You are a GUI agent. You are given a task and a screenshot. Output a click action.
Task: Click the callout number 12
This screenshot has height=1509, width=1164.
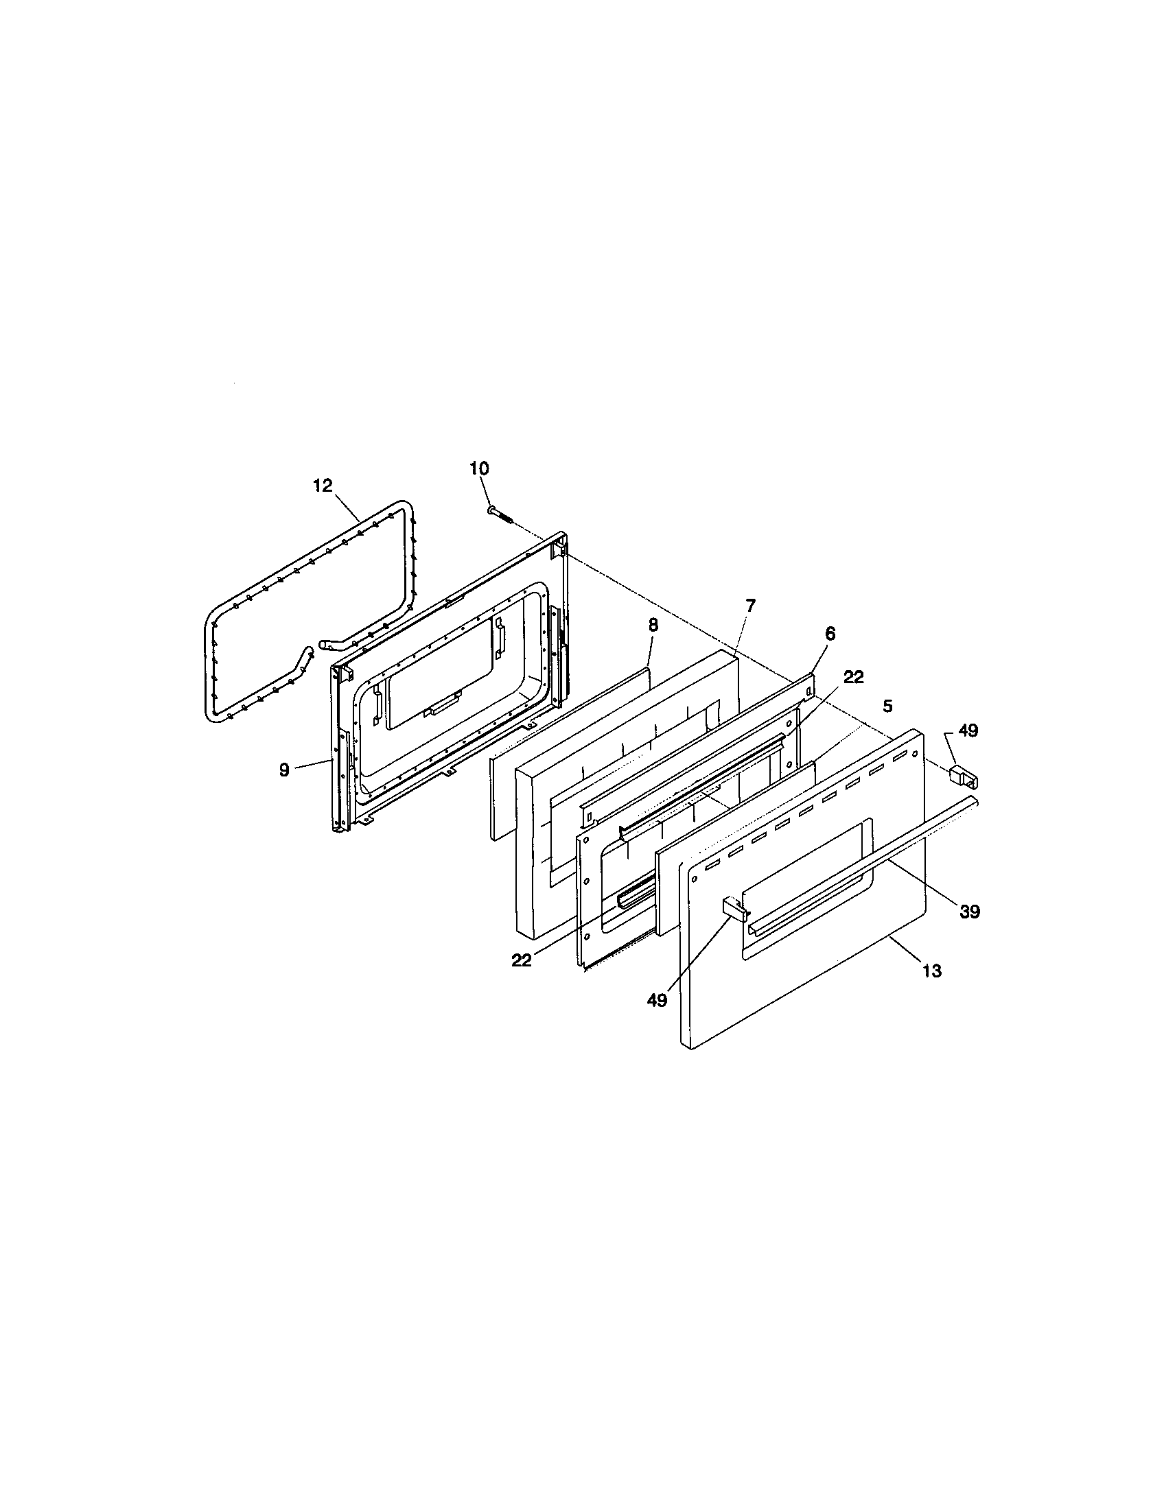point(323,486)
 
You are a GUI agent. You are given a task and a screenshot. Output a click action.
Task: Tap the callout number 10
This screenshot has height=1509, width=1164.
point(478,468)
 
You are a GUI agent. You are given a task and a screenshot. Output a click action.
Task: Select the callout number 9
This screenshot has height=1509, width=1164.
point(284,770)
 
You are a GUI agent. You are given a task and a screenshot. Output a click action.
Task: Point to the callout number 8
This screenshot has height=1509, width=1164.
point(653,625)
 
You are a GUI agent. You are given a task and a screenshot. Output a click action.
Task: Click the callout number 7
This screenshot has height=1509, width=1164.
point(751,605)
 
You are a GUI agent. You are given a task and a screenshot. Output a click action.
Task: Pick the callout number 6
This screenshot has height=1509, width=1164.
point(830,633)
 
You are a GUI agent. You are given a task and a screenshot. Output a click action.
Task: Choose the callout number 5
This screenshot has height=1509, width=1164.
point(888,706)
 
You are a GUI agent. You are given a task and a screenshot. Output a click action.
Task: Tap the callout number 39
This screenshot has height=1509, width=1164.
point(969,912)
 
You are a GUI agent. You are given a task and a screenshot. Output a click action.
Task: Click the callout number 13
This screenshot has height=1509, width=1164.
point(932,971)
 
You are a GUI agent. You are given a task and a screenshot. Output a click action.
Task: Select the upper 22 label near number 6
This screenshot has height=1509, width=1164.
point(854,677)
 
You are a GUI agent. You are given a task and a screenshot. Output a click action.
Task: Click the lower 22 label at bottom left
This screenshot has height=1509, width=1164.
point(522,960)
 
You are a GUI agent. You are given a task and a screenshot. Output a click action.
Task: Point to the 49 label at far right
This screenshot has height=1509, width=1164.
point(968,730)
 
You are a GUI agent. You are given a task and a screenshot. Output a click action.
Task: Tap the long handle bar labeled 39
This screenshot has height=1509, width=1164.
point(864,864)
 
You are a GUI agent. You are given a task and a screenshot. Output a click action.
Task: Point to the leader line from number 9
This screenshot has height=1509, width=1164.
point(312,765)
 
